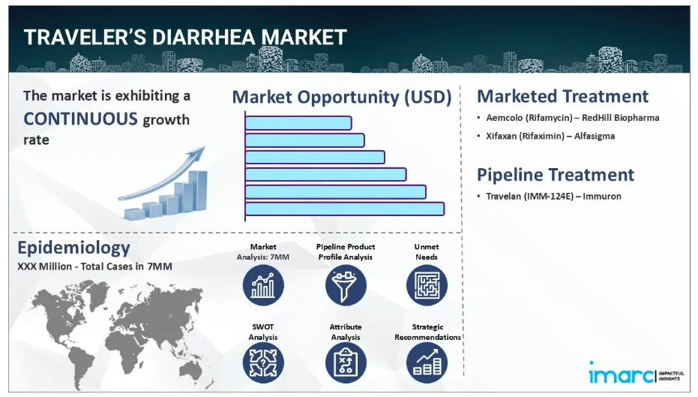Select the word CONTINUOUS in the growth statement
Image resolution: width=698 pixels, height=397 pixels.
tap(80, 119)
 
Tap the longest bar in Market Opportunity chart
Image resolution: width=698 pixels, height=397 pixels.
tap(345, 209)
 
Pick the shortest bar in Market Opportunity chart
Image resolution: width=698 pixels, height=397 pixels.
tap(298, 123)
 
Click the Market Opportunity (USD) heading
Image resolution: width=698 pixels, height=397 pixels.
tap(342, 97)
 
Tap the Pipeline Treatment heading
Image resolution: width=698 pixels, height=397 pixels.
tap(555, 175)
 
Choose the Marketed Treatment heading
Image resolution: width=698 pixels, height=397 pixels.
tap(562, 96)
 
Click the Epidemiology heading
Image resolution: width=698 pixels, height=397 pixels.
tap(74, 248)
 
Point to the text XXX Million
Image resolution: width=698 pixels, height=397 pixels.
tap(44, 266)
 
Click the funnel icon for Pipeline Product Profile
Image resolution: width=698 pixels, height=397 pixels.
tap(346, 285)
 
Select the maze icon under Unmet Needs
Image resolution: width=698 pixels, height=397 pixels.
tap(427, 285)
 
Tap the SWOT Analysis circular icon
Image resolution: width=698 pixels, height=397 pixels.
tap(263, 362)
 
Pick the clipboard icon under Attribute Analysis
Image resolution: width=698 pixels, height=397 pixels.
tap(346, 362)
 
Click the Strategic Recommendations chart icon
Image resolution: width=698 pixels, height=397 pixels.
tap(427, 362)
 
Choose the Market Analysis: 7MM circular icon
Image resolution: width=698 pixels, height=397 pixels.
tap(263, 285)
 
